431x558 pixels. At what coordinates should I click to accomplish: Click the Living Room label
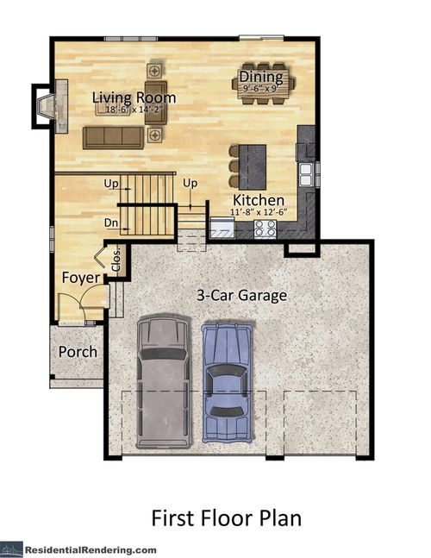click(134, 97)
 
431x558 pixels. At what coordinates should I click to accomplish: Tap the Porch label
click(77, 352)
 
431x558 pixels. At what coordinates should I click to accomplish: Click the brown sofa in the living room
click(114, 136)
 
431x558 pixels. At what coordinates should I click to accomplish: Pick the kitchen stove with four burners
click(265, 229)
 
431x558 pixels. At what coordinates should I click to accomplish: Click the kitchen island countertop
click(256, 162)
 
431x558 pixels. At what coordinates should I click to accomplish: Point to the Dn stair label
click(110, 223)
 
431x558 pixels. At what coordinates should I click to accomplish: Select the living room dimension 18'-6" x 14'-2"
click(132, 110)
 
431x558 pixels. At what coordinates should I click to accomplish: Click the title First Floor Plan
click(226, 518)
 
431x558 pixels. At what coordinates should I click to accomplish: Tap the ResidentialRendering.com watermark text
click(90, 549)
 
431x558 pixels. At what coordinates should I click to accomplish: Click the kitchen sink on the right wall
click(305, 173)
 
